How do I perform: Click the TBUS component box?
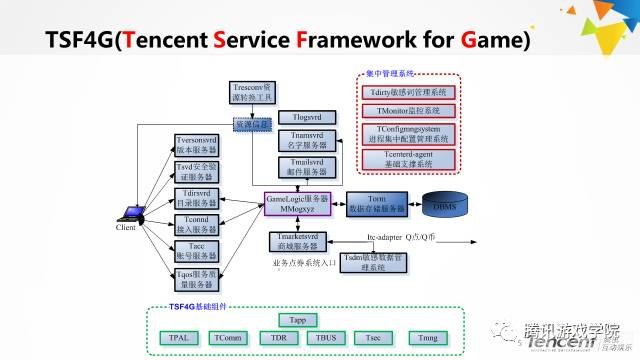[325, 338]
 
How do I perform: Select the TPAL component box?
[180, 338]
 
